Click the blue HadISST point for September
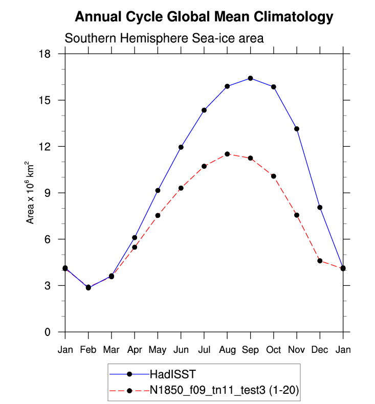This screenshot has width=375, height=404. [250, 78]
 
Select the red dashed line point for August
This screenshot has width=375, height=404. [227, 154]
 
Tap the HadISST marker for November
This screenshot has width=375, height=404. [297, 129]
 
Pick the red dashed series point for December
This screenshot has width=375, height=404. [320, 261]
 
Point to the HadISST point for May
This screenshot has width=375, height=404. [158, 190]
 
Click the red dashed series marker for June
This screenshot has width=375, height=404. [181, 188]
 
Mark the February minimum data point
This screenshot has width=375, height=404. [88, 287]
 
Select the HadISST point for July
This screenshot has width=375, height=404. [204, 110]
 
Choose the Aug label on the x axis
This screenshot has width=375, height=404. [227, 350]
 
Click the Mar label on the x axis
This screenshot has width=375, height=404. [111, 350]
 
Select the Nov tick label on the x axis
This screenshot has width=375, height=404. [297, 350]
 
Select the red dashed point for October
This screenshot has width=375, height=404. [274, 176]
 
